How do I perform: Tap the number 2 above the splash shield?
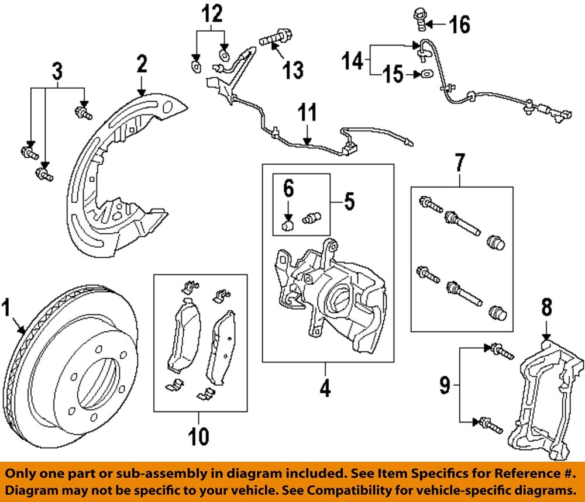point(142,64)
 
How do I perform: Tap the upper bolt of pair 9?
point(501,351)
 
